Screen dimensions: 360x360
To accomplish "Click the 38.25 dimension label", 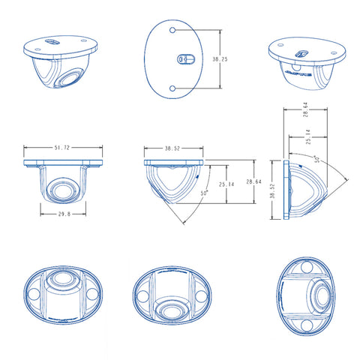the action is tap(220, 59).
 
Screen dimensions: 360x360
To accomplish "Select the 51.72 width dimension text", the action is tap(61, 148).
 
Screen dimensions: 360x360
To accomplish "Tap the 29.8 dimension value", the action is tap(64, 214).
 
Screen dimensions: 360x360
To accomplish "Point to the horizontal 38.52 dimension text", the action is tap(172, 148).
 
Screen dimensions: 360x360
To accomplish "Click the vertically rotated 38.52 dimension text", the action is tap(272, 191).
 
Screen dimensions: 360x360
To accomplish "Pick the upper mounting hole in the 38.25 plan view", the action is tap(172, 30).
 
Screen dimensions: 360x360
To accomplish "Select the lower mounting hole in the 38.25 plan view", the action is tap(172, 88).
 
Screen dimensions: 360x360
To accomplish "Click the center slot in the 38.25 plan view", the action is tap(186, 59).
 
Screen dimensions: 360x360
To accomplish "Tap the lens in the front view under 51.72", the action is tap(63, 190).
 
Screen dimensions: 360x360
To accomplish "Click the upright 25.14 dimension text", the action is tap(226, 184).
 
